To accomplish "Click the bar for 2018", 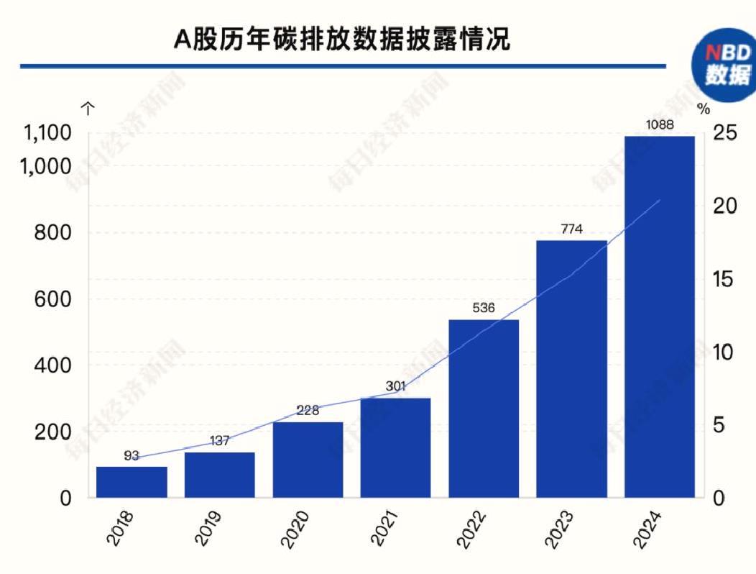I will click(132, 482).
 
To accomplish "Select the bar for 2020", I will click(308, 460).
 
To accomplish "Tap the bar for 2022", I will click(484, 409).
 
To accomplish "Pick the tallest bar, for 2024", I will click(660, 316).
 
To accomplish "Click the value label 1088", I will click(660, 125).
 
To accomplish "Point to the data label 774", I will click(571, 230).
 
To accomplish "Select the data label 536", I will click(484, 309).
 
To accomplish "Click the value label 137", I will click(220, 441).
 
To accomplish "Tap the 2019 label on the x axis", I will click(211, 529).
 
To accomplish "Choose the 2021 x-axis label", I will click(387, 529).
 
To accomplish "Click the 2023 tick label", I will click(563, 529).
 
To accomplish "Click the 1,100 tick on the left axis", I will click(48, 133).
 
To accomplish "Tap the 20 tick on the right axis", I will click(725, 206).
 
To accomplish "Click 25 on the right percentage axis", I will click(725, 133).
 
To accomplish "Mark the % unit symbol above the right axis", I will click(704, 109).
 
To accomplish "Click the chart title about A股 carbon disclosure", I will click(342, 40).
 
